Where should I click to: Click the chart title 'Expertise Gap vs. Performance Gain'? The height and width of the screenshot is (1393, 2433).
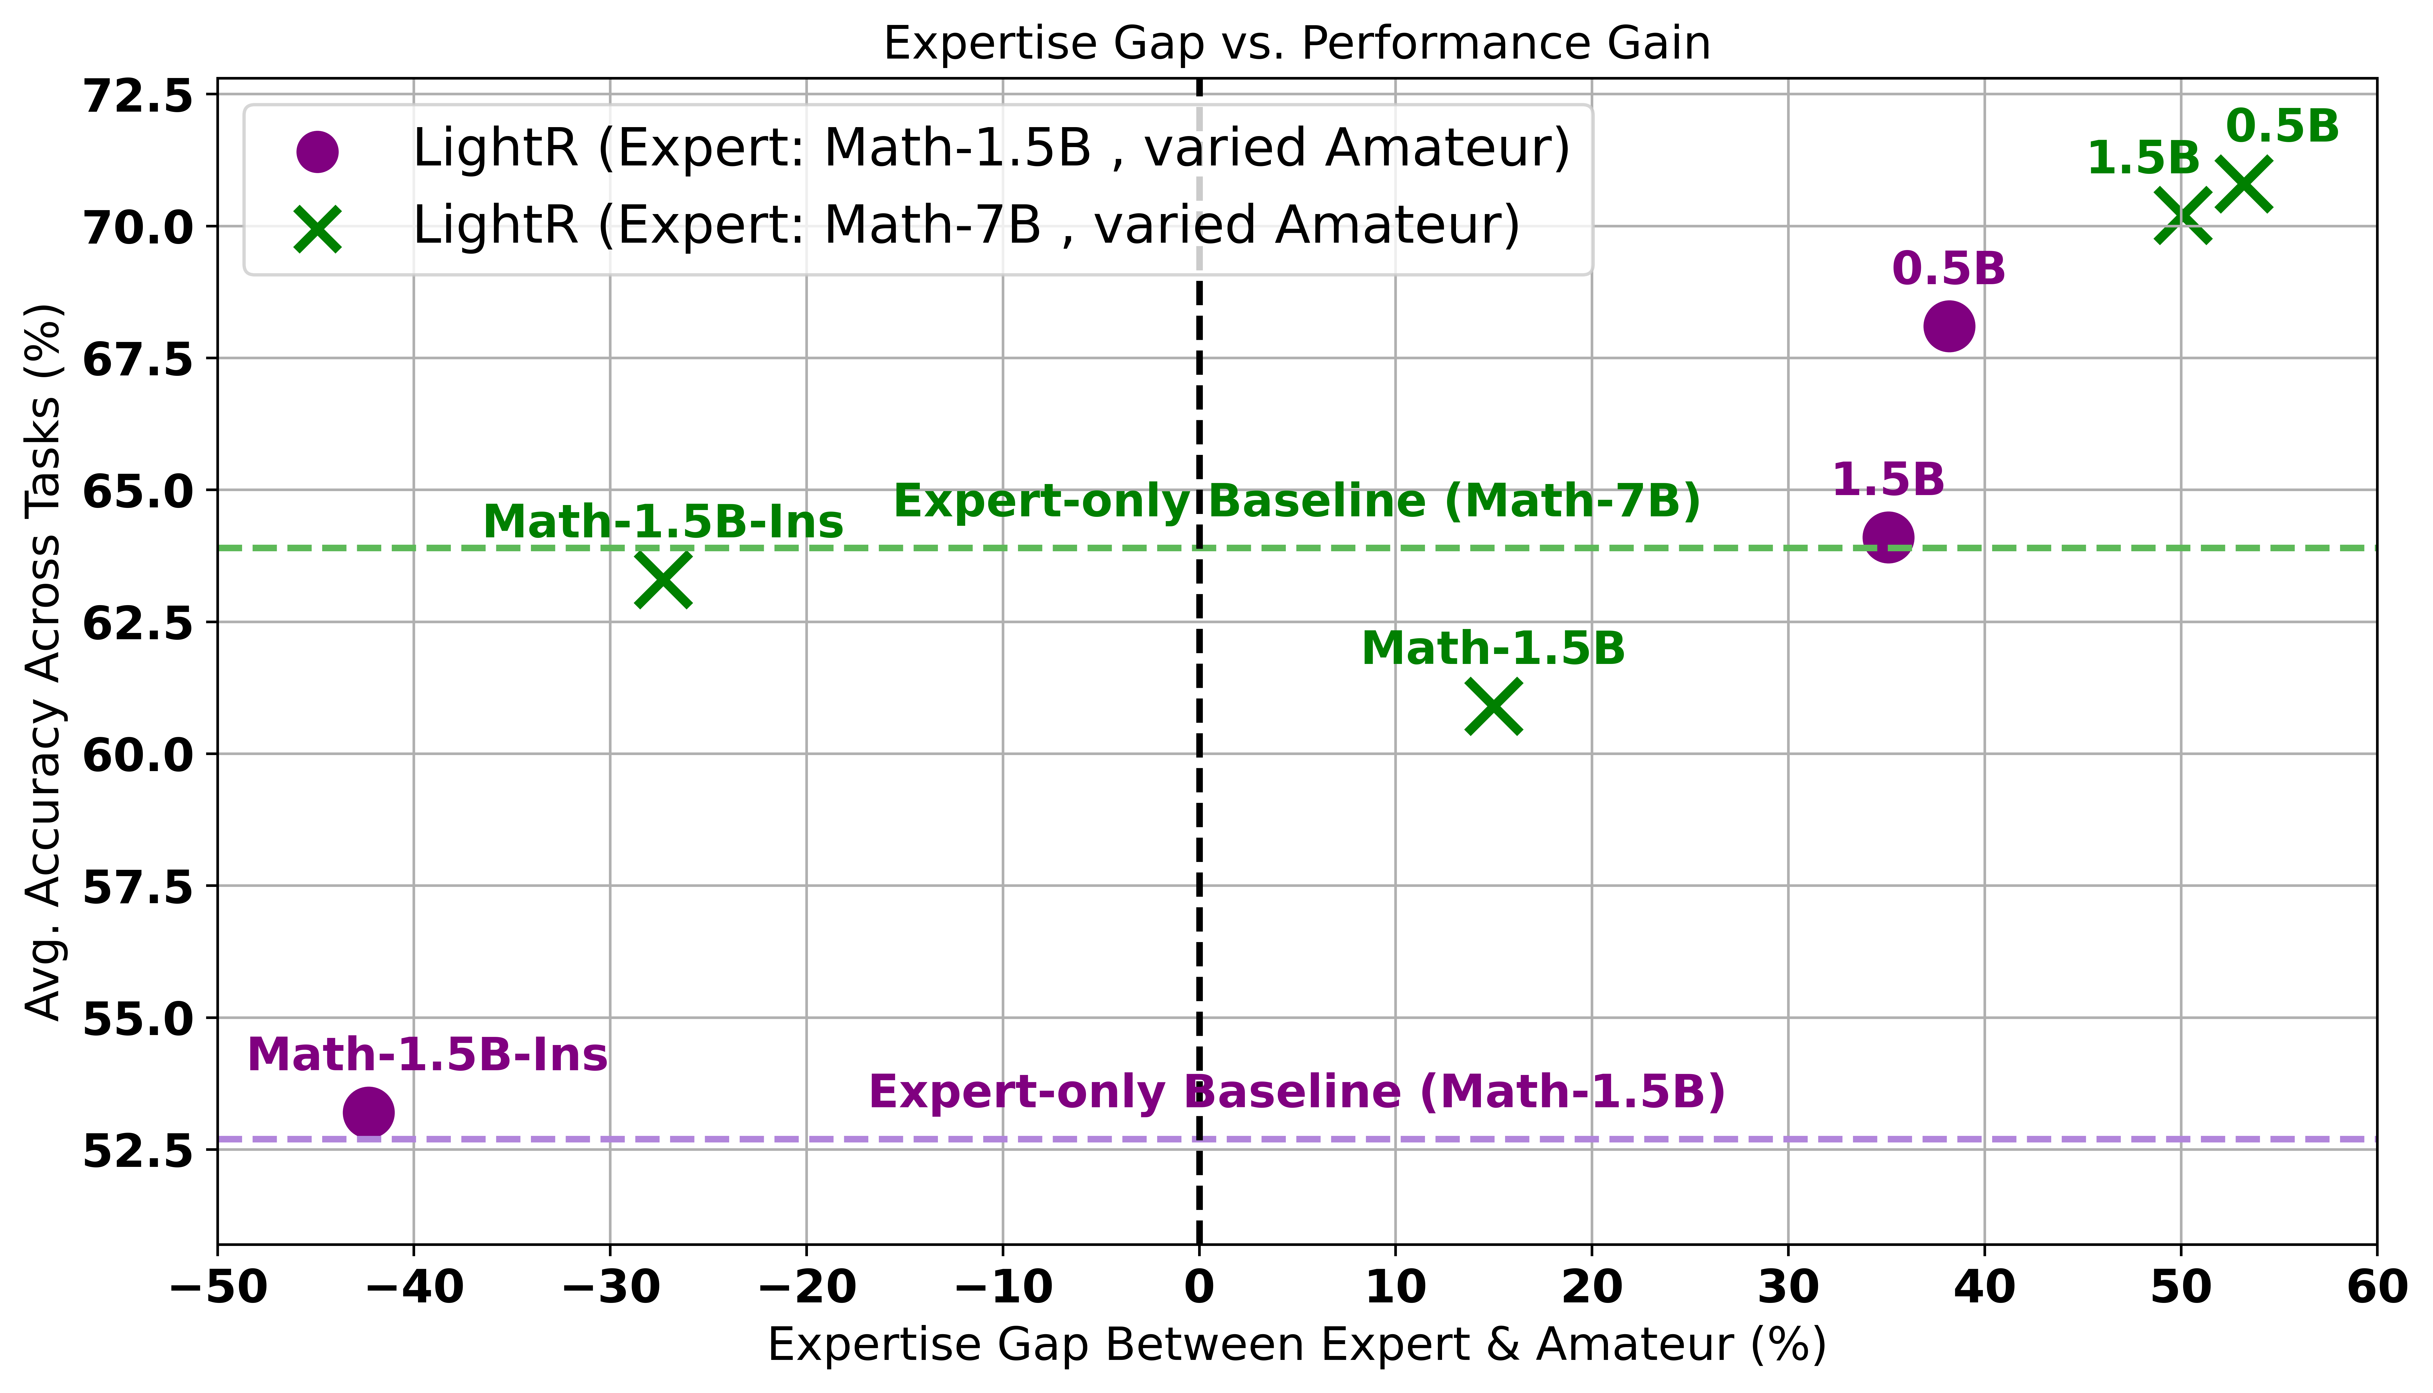click(x=1296, y=44)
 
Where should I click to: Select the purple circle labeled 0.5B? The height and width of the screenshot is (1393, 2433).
click(x=1948, y=326)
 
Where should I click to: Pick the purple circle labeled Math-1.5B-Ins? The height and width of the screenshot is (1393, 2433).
click(x=368, y=1112)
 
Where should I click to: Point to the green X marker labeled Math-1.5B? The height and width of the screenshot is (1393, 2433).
click(x=1493, y=706)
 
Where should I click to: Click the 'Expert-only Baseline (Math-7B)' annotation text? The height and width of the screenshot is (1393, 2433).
click(x=1297, y=501)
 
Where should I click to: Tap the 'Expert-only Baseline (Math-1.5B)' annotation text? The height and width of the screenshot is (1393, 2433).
click(x=1297, y=1091)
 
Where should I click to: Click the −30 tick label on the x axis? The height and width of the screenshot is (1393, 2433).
click(x=610, y=1288)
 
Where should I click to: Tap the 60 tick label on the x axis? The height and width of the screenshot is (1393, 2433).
click(x=2375, y=1288)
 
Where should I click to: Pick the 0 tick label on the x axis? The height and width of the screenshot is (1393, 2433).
click(x=1199, y=1288)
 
